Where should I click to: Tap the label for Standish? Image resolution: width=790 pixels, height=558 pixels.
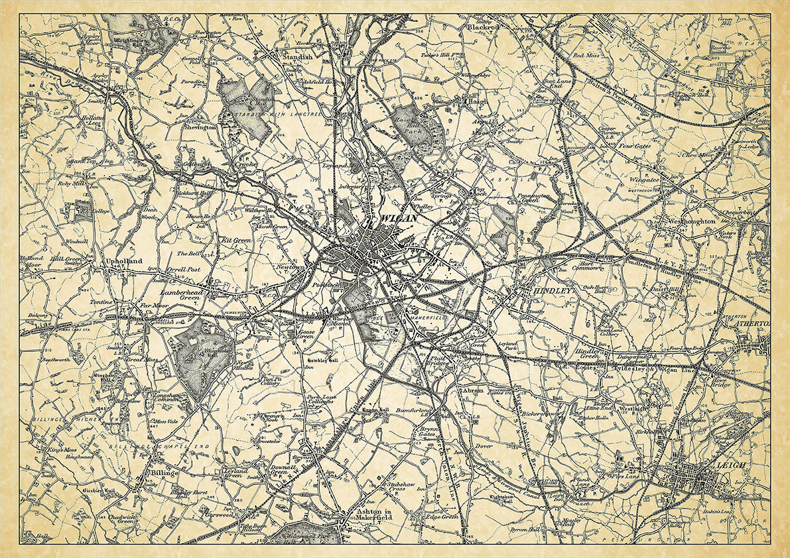pos(296,58)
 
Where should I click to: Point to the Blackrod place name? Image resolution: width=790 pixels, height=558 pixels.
pos(483,28)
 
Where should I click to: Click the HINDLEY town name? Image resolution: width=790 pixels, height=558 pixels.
pos(547,290)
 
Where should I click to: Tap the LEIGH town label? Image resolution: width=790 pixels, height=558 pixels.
pos(730,466)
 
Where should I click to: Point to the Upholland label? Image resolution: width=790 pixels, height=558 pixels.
pos(124,262)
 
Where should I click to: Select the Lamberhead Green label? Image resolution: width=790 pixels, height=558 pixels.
pos(181,295)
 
